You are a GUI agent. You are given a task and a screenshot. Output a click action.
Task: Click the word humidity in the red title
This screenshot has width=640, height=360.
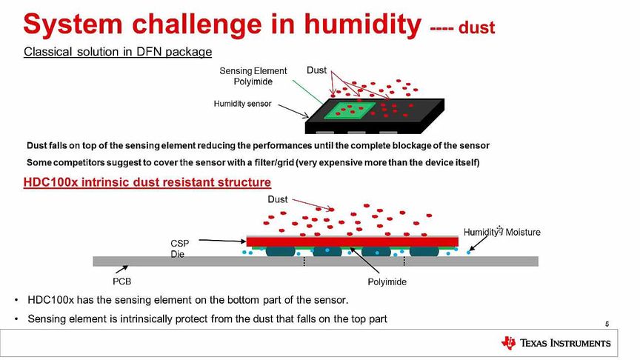pos(363,24)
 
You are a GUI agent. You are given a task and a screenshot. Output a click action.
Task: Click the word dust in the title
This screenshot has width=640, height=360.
pos(477,27)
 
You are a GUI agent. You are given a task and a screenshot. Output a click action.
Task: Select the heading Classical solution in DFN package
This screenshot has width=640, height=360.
pos(118,52)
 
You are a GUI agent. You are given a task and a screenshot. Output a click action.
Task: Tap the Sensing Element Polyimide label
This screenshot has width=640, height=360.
pos(253,76)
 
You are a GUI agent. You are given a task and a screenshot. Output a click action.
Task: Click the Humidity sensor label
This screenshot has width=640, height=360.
pos(242,104)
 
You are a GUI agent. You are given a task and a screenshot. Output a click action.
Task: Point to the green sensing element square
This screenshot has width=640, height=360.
pos(350,110)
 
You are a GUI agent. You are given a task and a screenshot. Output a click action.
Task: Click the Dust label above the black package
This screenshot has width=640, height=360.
pos(317,70)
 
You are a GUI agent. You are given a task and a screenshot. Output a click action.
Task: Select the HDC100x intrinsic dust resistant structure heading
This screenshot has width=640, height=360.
pos(147,182)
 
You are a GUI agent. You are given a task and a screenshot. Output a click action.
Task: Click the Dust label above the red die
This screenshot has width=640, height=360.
pos(278,199)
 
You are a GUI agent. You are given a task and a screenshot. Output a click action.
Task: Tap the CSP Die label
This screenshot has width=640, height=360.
pos(179,249)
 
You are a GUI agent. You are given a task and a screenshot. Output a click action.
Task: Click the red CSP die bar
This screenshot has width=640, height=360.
pos(353,241)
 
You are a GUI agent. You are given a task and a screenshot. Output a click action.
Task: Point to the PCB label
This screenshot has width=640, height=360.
pos(121,281)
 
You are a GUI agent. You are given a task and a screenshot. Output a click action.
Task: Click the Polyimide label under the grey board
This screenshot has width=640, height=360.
pos(387,281)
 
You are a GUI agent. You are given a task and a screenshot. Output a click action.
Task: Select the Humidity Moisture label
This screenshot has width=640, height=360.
pos(501,232)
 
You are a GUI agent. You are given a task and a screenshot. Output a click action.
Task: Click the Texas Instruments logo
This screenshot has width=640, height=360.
pos(556,343)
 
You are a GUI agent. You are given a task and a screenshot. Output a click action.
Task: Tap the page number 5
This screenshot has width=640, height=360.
pos(607,324)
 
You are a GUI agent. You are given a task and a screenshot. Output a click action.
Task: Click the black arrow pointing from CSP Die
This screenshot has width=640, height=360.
pos(222,241)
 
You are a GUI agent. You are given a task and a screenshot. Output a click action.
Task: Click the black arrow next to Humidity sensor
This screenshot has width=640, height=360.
pos(293,110)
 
